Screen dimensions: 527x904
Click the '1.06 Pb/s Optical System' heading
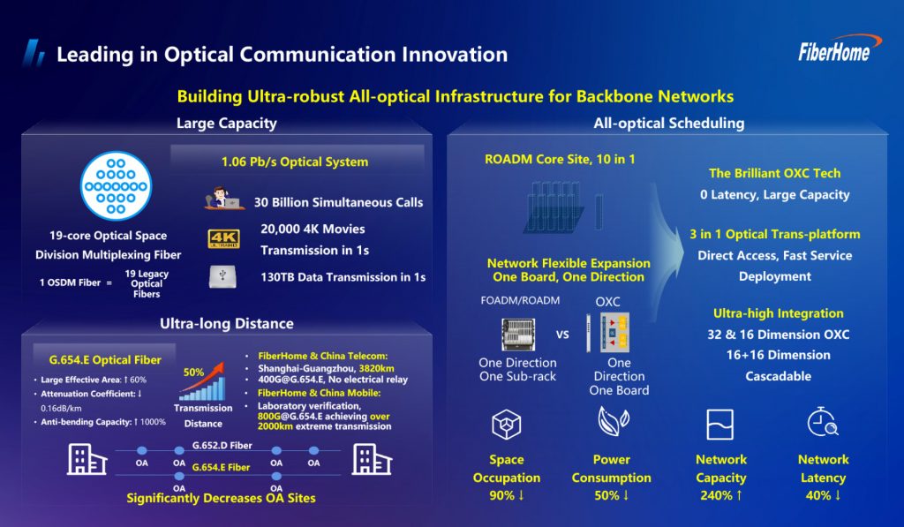[x=294, y=162]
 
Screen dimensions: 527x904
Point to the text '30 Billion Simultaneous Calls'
[x=338, y=202]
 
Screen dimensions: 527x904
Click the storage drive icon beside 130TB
[x=222, y=276]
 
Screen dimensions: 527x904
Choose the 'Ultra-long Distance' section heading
[x=227, y=324]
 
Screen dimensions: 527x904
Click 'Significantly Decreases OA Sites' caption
[x=221, y=498]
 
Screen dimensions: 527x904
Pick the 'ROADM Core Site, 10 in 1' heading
[x=561, y=160]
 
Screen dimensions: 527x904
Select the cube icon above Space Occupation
[x=507, y=425]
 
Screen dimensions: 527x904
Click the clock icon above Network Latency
[x=822, y=424]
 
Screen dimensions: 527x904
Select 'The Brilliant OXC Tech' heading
[x=774, y=173]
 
